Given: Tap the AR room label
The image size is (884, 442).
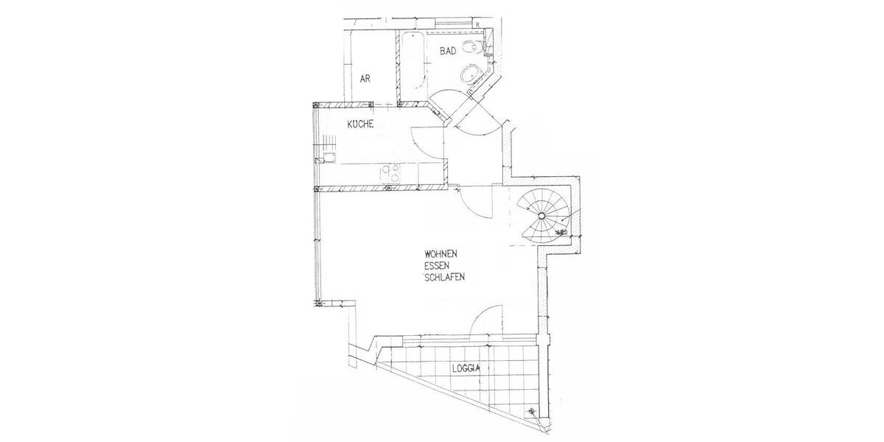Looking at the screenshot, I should [365, 77].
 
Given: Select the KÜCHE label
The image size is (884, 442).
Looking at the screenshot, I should [360, 124].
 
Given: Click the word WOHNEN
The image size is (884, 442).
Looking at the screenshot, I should [443, 255].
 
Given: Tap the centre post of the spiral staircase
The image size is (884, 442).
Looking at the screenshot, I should [541, 215].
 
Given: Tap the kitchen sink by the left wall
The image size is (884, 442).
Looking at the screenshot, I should [326, 159].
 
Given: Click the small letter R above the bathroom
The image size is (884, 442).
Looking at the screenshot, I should [477, 25].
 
